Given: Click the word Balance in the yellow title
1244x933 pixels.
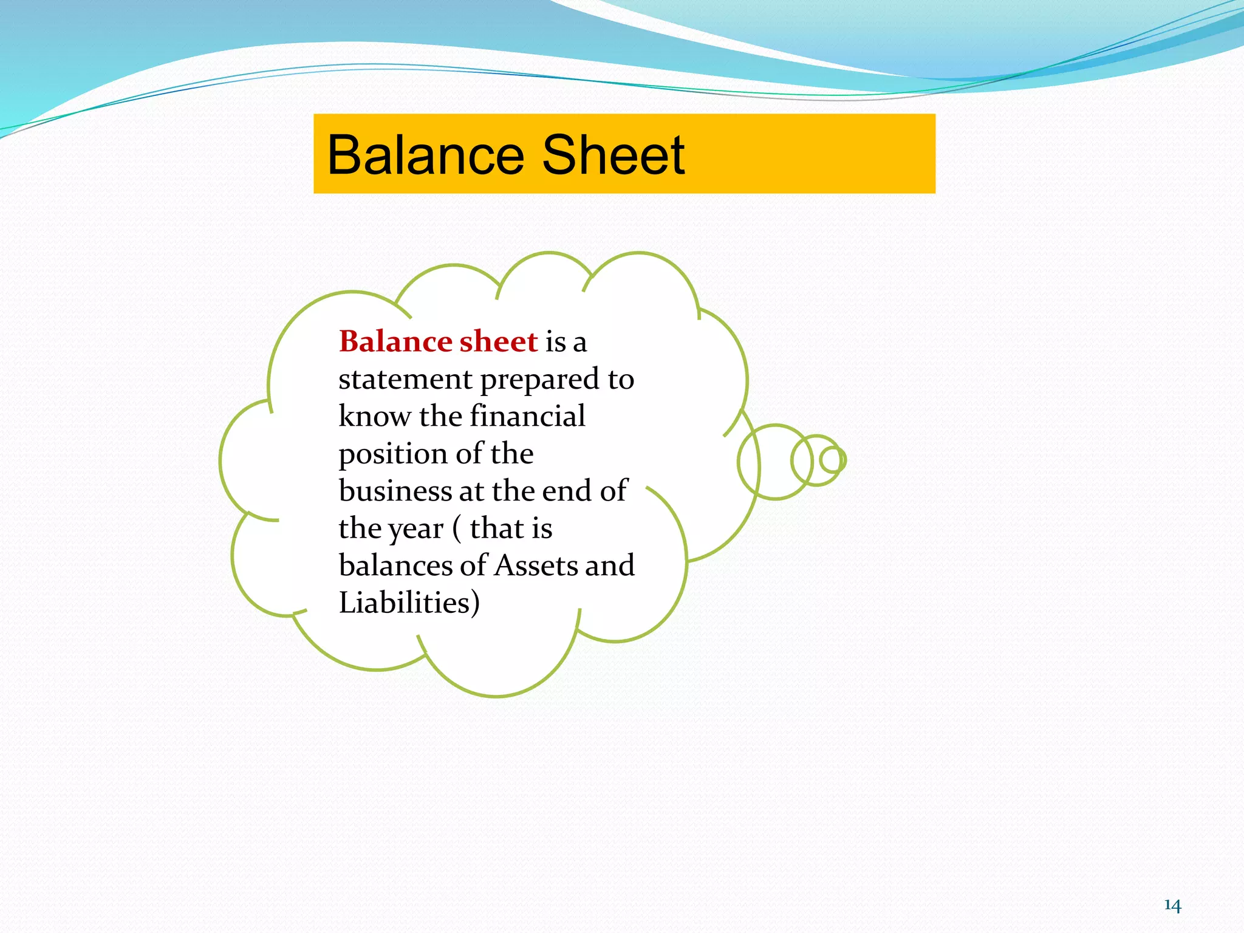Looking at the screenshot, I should coord(425,155).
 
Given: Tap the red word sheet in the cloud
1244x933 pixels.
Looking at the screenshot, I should coord(498,341).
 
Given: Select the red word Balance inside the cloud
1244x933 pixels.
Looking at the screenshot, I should coord(395,341).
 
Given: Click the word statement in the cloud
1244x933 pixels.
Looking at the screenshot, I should coord(405,380).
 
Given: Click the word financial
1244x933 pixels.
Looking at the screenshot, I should coord(527,417).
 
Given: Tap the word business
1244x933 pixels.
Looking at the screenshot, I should coord(395,491).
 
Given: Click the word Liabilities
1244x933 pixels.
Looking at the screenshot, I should coord(405,603).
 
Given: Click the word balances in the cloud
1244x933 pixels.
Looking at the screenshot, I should coord(395,566).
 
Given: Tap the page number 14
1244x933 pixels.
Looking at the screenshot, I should coord(1172,906).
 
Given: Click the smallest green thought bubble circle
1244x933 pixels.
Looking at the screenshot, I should coord(833,460).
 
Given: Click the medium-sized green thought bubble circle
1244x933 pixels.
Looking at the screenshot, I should coord(808,460).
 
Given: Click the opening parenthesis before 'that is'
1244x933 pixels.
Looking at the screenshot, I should coord(457,528).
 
